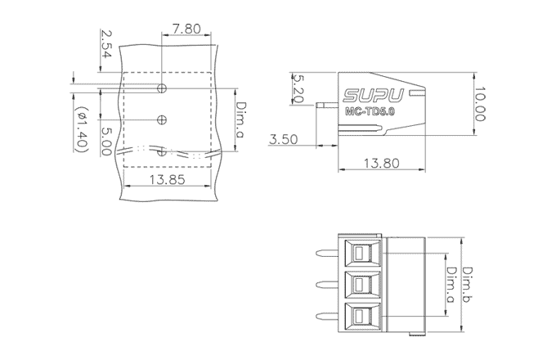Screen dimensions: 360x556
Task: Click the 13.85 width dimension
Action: tap(168, 180)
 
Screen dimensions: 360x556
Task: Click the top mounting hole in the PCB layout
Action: tap(162, 87)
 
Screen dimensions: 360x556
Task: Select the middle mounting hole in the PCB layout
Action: tap(162, 120)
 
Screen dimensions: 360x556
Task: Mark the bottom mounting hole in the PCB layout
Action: tap(162, 151)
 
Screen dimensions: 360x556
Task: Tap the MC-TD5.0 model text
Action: tap(370, 110)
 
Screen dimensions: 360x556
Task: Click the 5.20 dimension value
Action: tap(297, 88)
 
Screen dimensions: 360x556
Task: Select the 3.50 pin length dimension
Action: tap(283, 140)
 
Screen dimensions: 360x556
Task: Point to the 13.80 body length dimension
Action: tap(377, 163)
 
